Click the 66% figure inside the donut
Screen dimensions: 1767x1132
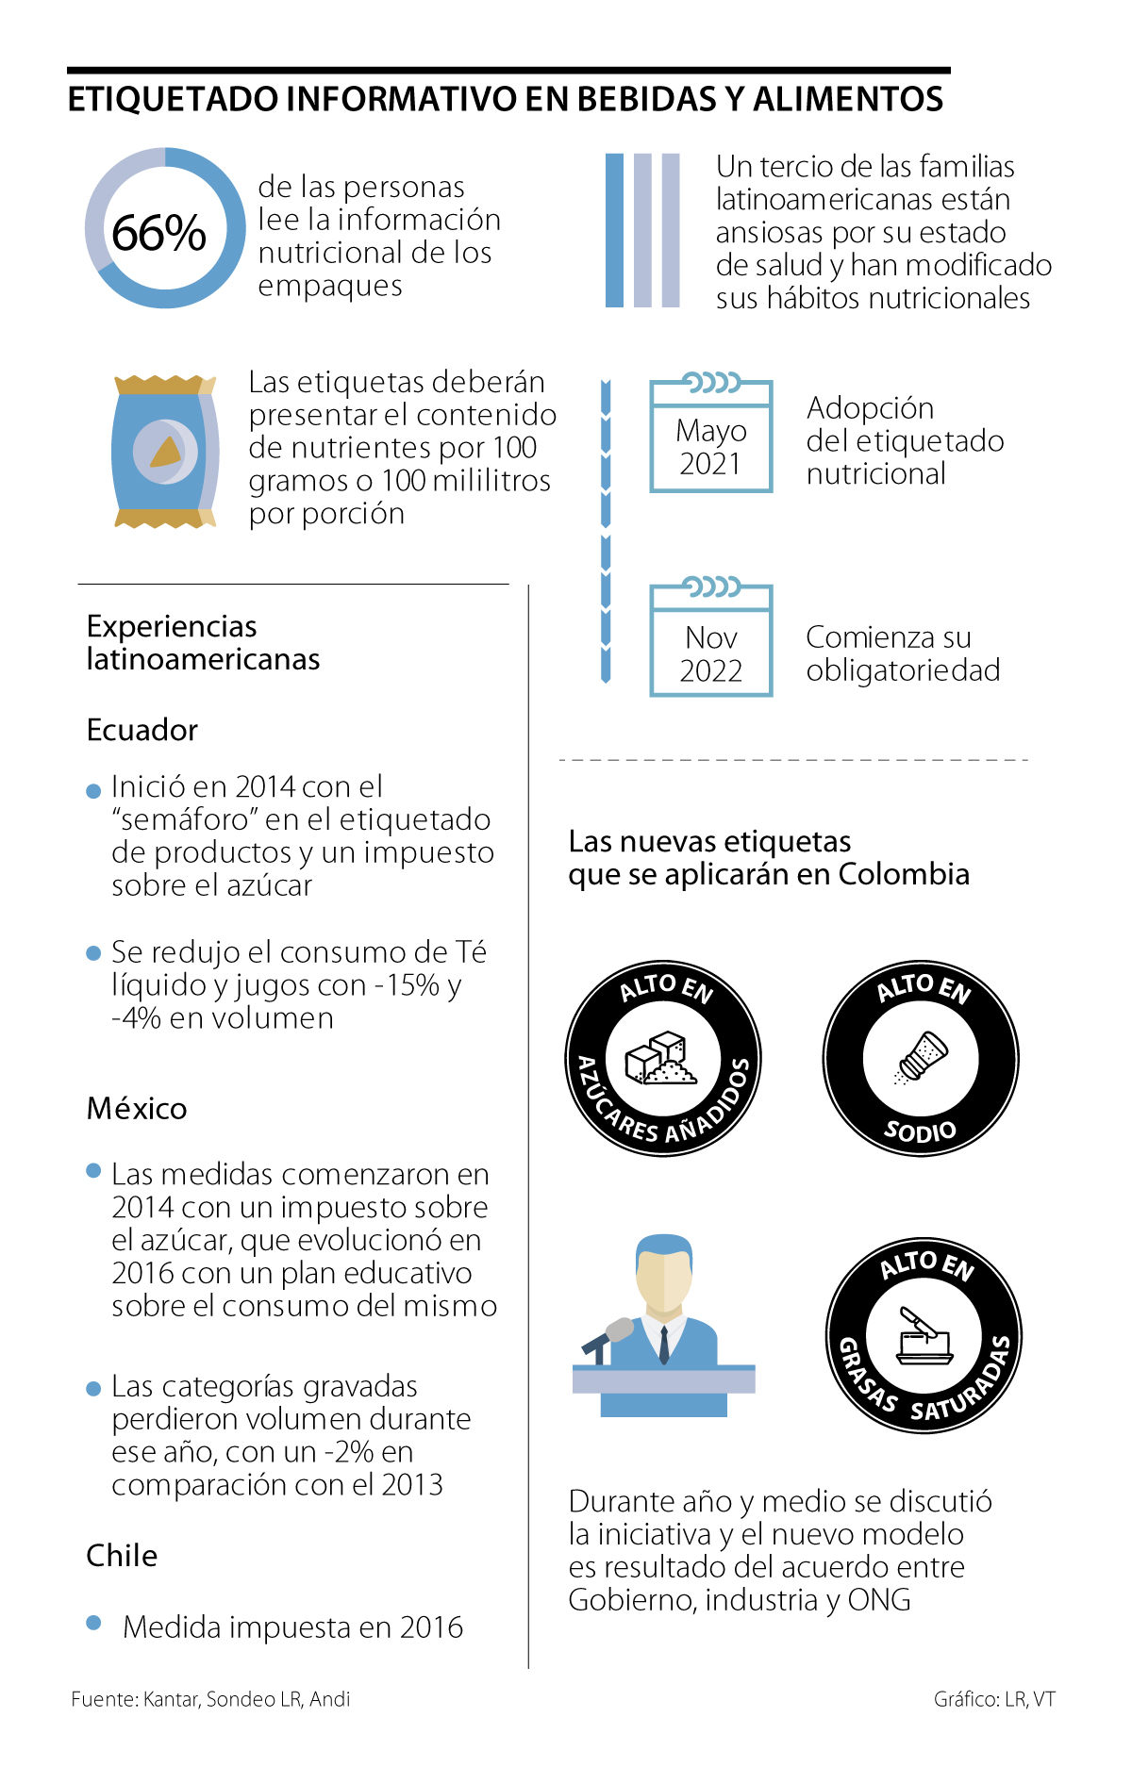[x=158, y=232]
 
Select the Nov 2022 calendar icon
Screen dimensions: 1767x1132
[x=710, y=639]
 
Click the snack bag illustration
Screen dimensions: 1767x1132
[x=165, y=452]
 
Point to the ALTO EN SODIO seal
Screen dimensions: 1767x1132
[x=921, y=1058]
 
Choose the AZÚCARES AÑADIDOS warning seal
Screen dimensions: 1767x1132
[x=663, y=1058]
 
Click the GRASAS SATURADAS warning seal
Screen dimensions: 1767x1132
[x=924, y=1336]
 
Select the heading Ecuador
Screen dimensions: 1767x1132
[x=142, y=730]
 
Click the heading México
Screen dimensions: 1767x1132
[x=137, y=1108]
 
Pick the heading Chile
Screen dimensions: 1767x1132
[x=122, y=1555]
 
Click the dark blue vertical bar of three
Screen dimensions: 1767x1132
[x=614, y=230]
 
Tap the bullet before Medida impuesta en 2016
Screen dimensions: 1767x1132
[x=93, y=1623]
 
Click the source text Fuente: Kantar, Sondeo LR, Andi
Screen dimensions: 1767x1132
[x=210, y=1699]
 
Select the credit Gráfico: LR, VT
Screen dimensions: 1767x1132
[x=994, y=1699]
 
